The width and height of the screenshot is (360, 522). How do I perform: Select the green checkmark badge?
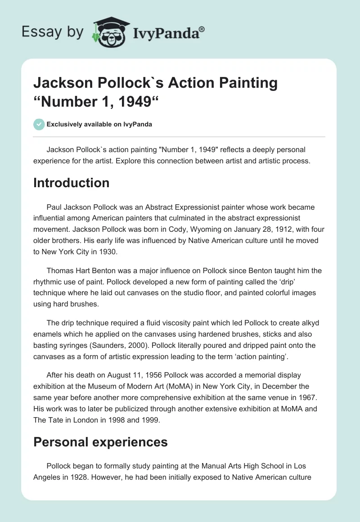pos(39,124)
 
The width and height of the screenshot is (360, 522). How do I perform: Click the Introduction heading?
pos(71,183)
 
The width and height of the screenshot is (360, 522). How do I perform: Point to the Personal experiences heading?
pos(100,442)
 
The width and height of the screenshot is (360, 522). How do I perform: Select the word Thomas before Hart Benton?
pos(61,271)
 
